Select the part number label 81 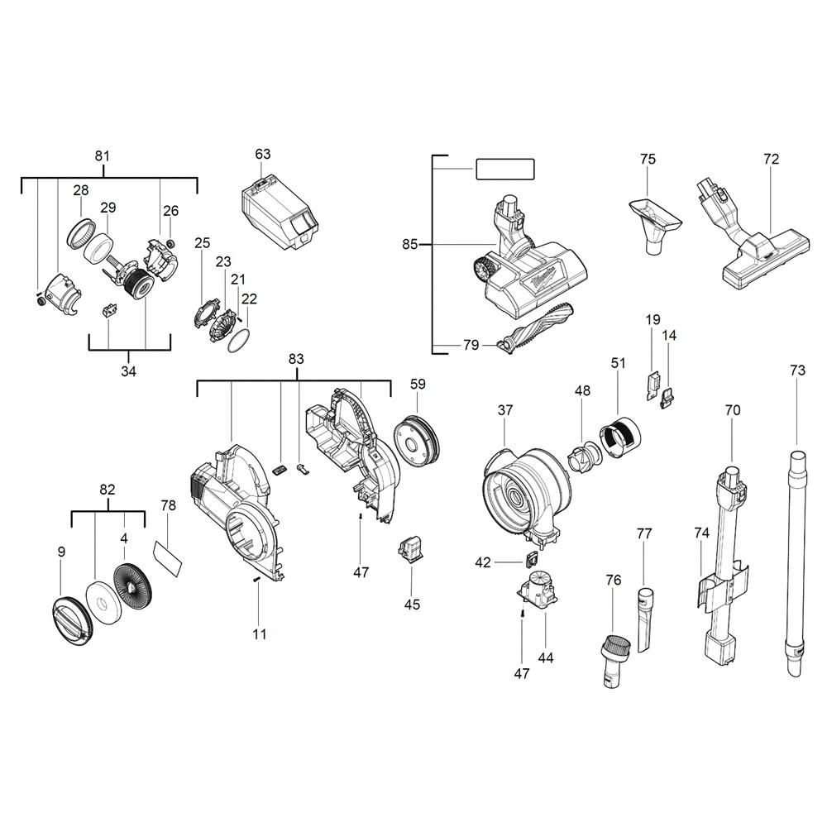[103, 156]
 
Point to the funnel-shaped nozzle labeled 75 [653, 219]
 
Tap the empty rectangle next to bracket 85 [504, 170]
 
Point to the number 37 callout [505, 410]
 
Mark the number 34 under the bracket [128, 371]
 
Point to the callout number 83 [296, 359]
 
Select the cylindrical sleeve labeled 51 [619, 434]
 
